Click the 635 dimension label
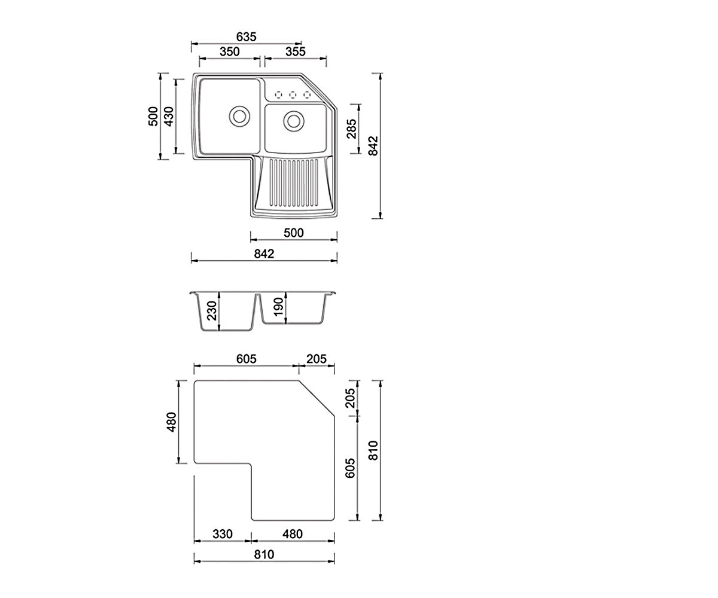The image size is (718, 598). tap(246, 36)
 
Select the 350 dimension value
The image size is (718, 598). tap(229, 51)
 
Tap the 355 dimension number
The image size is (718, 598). tap(296, 51)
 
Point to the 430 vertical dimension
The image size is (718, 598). tap(169, 117)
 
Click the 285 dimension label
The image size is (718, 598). tap(352, 129)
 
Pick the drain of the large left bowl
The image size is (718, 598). tap(239, 116)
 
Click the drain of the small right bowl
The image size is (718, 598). tap(294, 121)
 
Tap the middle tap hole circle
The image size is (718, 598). tap(293, 94)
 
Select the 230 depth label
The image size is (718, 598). tap(212, 311)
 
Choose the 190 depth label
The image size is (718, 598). tap(278, 307)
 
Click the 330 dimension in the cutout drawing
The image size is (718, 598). tap(223, 534)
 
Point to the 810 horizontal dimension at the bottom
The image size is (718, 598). tap(264, 554)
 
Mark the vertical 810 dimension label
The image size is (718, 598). tap(373, 450)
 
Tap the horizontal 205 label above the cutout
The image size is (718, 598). tap(317, 359)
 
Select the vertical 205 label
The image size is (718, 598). tap(350, 398)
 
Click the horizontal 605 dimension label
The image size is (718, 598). tap(246, 359)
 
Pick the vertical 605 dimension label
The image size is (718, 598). tap(350, 468)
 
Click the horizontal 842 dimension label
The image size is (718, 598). tap(264, 254)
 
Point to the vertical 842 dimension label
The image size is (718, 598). tap(373, 146)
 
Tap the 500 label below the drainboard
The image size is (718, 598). tap(294, 233)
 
